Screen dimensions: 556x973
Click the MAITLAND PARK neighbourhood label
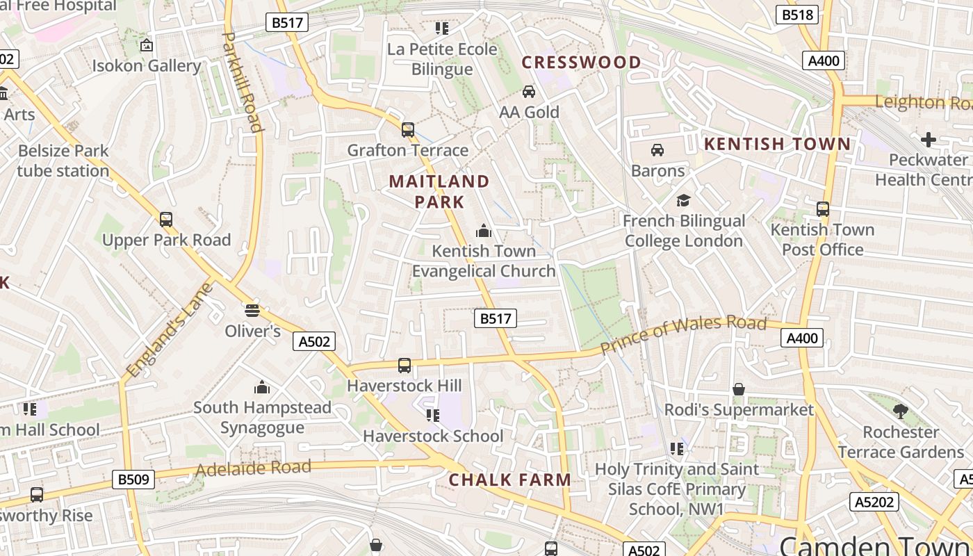pos(439,192)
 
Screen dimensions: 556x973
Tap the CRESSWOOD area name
pos(582,63)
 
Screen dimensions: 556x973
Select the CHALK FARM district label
pos(510,480)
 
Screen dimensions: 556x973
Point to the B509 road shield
pos(133,480)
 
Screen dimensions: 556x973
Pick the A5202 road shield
pos(874,502)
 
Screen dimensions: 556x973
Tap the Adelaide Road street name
pos(253,468)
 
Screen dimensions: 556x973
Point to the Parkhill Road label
pos(243,81)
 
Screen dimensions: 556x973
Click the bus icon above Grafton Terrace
pos(408,130)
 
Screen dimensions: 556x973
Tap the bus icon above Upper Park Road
pos(166,220)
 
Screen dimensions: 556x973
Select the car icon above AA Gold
pos(529,92)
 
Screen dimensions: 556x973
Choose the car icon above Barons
pos(657,150)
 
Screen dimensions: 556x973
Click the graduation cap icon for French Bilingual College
pos(684,201)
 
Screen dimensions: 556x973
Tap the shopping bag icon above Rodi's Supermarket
pos(739,389)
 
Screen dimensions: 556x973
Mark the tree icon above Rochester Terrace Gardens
pos(901,411)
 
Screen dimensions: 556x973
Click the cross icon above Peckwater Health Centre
pos(929,140)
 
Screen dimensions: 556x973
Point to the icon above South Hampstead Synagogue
pos(262,387)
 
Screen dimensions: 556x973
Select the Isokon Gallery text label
pos(147,66)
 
